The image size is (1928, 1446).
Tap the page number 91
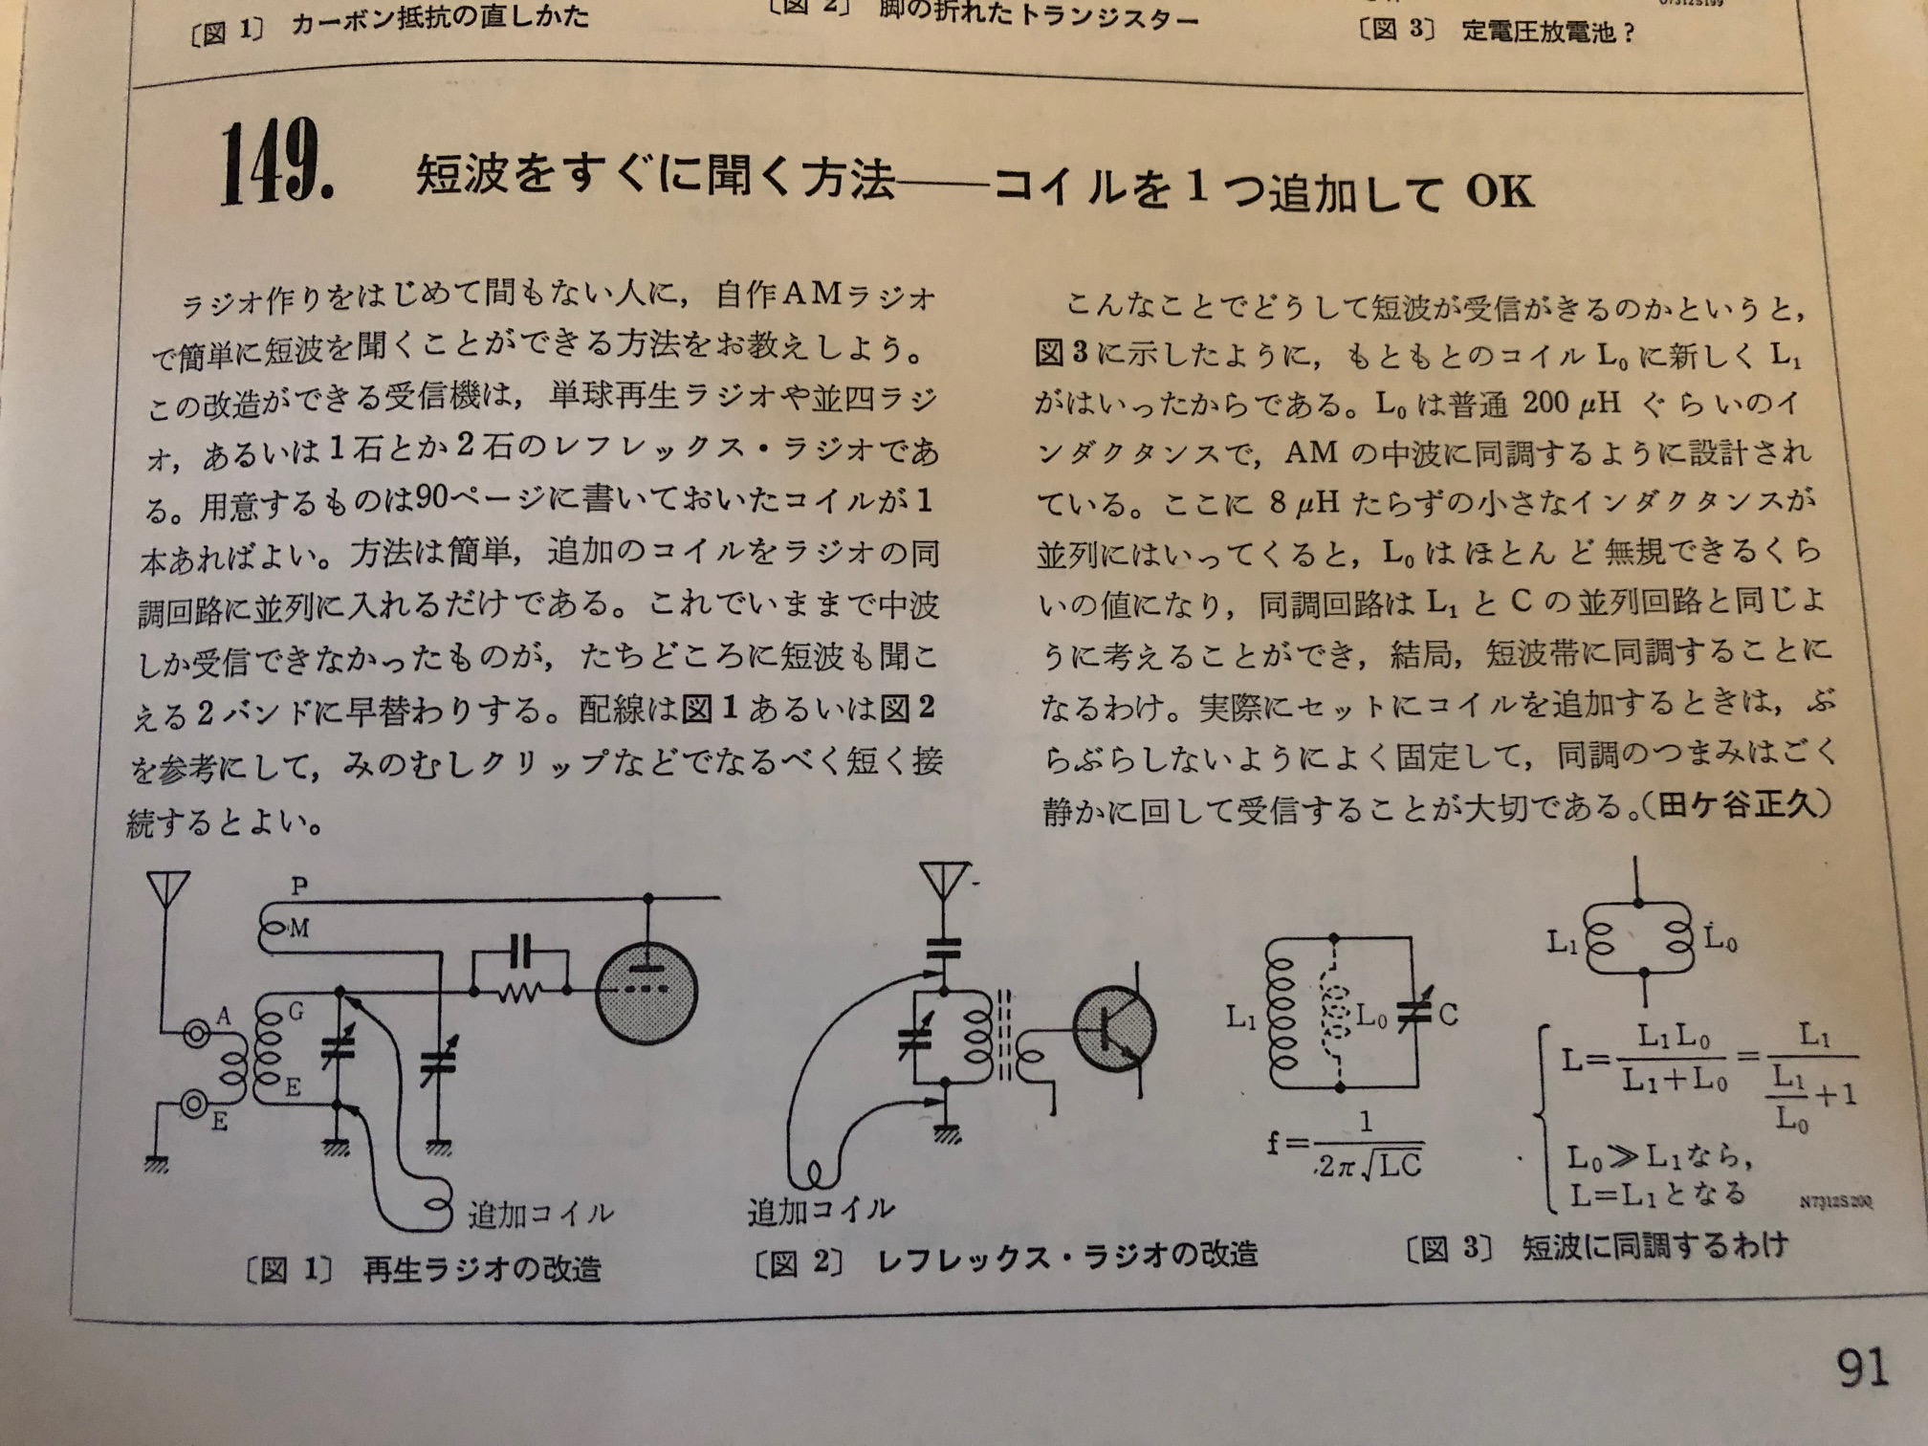pyautogui.click(x=1862, y=1368)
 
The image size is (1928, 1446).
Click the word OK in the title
pyautogui.click(x=1500, y=190)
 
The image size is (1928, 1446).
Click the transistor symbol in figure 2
pyautogui.click(x=1114, y=1029)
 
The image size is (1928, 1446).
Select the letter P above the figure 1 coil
pyautogui.click(x=299, y=885)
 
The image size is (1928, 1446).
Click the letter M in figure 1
pyautogui.click(x=299, y=928)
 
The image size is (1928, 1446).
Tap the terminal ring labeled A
pyautogui.click(x=198, y=1033)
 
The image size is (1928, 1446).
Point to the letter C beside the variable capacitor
pyautogui.click(x=1448, y=1015)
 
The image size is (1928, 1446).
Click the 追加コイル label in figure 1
pyautogui.click(x=539, y=1215)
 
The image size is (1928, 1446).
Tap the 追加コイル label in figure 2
pyautogui.click(x=822, y=1211)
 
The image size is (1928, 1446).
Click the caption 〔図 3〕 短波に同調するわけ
pyautogui.click(x=1595, y=1246)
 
